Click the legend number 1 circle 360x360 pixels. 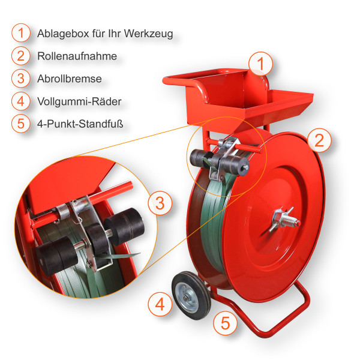pyautogui.click(x=21, y=33)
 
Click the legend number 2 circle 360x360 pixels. pyautogui.click(x=21, y=56)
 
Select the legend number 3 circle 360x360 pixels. pyautogui.click(x=21, y=79)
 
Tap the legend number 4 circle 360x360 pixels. pyautogui.click(x=21, y=101)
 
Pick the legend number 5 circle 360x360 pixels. pyautogui.click(x=21, y=124)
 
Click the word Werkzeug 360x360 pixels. pyautogui.click(x=149, y=34)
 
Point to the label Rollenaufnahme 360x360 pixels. pyautogui.click(x=77, y=56)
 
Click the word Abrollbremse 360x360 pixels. pyautogui.click(x=70, y=79)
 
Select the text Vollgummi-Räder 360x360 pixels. pyautogui.click(x=79, y=101)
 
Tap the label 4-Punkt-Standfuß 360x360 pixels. pyautogui.click(x=80, y=124)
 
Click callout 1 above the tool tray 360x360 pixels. pyautogui.click(x=260, y=64)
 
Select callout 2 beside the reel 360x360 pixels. pyautogui.click(x=319, y=140)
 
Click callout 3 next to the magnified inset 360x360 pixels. pyautogui.click(x=160, y=203)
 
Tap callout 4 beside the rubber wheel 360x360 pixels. pyautogui.click(x=160, y=304)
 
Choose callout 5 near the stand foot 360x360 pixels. pyautogui.click(x=225, y=323)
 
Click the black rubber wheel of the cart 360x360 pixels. pyautogui.click(x=191, y=296)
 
